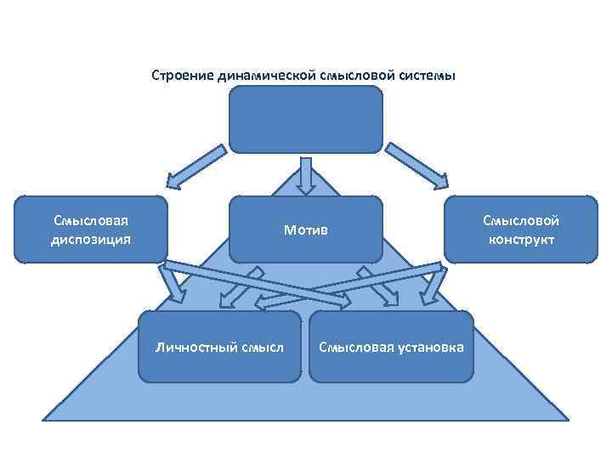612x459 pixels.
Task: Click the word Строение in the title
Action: tap(178, 76)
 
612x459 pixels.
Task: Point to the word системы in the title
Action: tap(428, 76)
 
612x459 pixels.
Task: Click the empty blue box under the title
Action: tap(306, 119)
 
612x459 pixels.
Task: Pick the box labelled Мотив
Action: tap(306, 229)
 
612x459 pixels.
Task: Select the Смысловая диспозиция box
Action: tap(90, 229)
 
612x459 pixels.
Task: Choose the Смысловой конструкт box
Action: tap(521, 229)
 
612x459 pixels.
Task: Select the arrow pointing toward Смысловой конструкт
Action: tap(416, 167)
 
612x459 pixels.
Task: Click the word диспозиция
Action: tap(90, 239)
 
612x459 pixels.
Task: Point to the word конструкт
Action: tap(521, 239)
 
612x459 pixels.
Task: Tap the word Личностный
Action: tap(189, 347)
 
